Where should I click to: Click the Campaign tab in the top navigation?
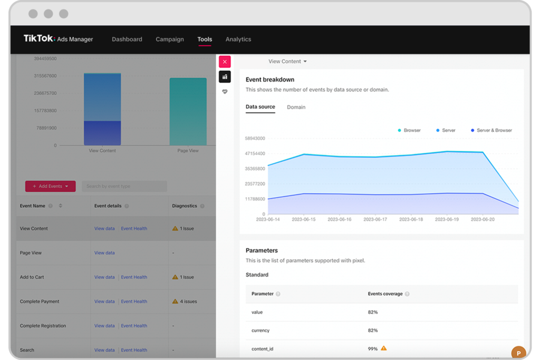point(170,40)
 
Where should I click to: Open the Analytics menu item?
point(238,40)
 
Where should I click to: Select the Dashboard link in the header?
point(127,40)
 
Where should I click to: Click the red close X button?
point(225,62)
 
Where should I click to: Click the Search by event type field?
point(124,186)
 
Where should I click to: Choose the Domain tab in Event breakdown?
point(296,107)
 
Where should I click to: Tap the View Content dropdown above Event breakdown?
point(287,62)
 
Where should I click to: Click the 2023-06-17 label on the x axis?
point(375,219)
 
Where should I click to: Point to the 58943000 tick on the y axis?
point(255,139)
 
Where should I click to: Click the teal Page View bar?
point(188,111)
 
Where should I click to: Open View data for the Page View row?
point(104,253)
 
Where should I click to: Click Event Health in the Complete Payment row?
point(134,301)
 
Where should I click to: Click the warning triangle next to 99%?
point(384,348)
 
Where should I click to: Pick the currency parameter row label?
point(261,330)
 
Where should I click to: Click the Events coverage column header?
point(385,294)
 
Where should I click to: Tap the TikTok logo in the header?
point(39,39)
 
